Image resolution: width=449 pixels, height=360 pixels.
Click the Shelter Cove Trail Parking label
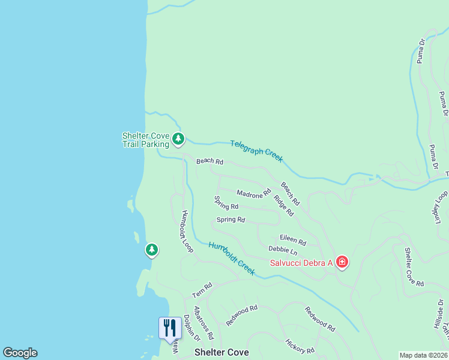pos(146,140)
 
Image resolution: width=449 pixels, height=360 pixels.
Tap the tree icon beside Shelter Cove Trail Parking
pos(178,139)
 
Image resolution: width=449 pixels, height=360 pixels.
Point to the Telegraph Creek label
pos(256,151)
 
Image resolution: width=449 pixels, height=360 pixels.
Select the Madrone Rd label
pos(254,194)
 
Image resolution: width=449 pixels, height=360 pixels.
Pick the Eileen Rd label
pos(293,240)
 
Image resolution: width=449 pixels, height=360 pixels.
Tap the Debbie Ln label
pos(283,250)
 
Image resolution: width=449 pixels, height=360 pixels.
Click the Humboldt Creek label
pos(232,258)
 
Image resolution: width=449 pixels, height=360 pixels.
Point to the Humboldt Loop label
pos(186,231)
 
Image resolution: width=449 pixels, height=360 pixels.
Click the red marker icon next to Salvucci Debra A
pos(342,262)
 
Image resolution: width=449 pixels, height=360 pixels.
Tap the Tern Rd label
pos(202,290)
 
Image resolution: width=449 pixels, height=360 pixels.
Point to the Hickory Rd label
pos(300,347)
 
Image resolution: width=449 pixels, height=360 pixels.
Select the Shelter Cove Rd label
pos(414,267)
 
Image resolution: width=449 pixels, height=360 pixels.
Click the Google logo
pos(20,353)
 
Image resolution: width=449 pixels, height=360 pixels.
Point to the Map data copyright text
pos(423,355)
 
